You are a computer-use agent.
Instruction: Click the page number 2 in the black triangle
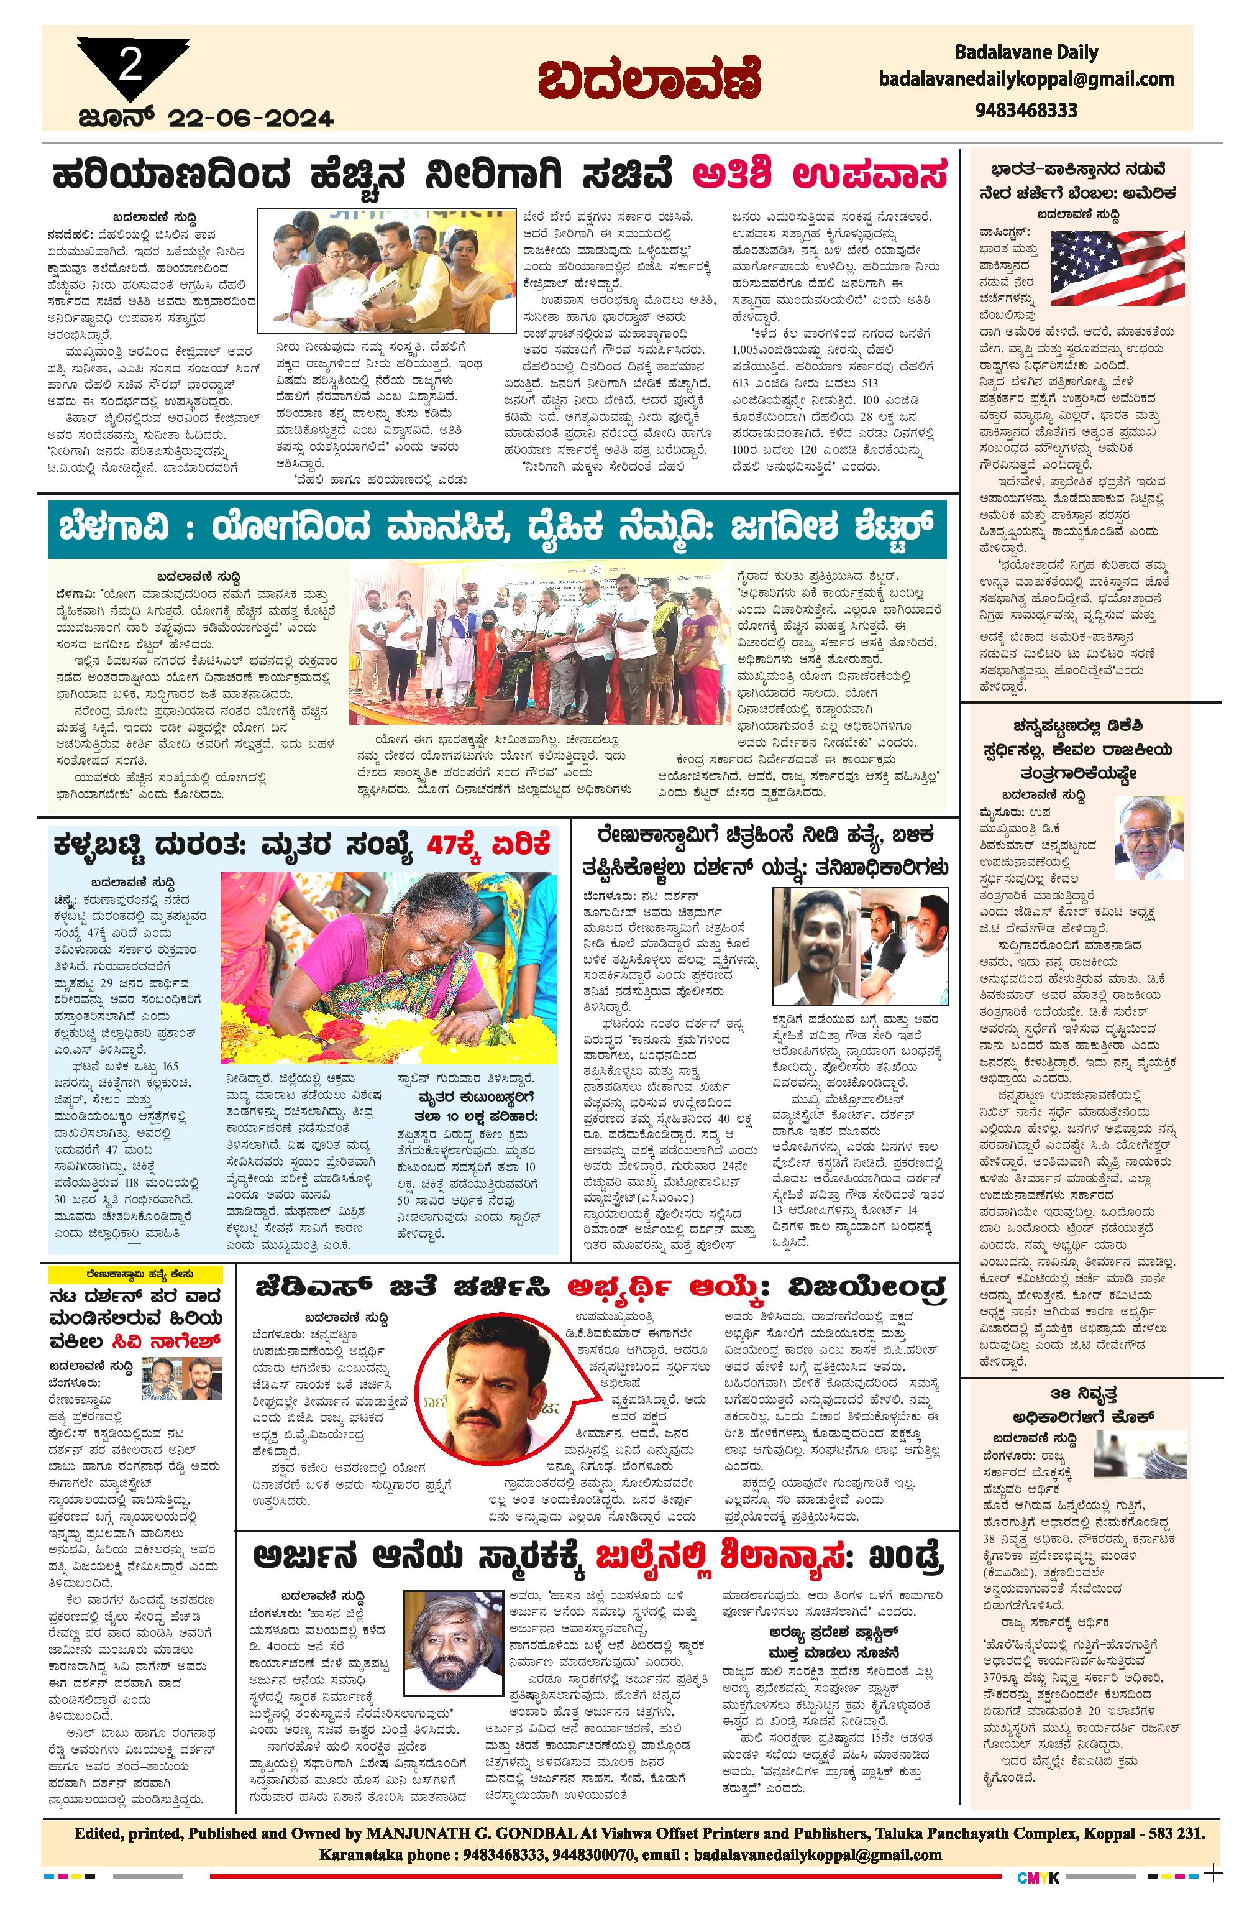pyautogui.click(x=130, y=63)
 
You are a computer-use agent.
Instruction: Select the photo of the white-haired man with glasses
pyautogui.click(x=1149, y=837)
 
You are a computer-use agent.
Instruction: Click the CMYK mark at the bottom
pyautogui.click(x=1038, y=1876)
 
